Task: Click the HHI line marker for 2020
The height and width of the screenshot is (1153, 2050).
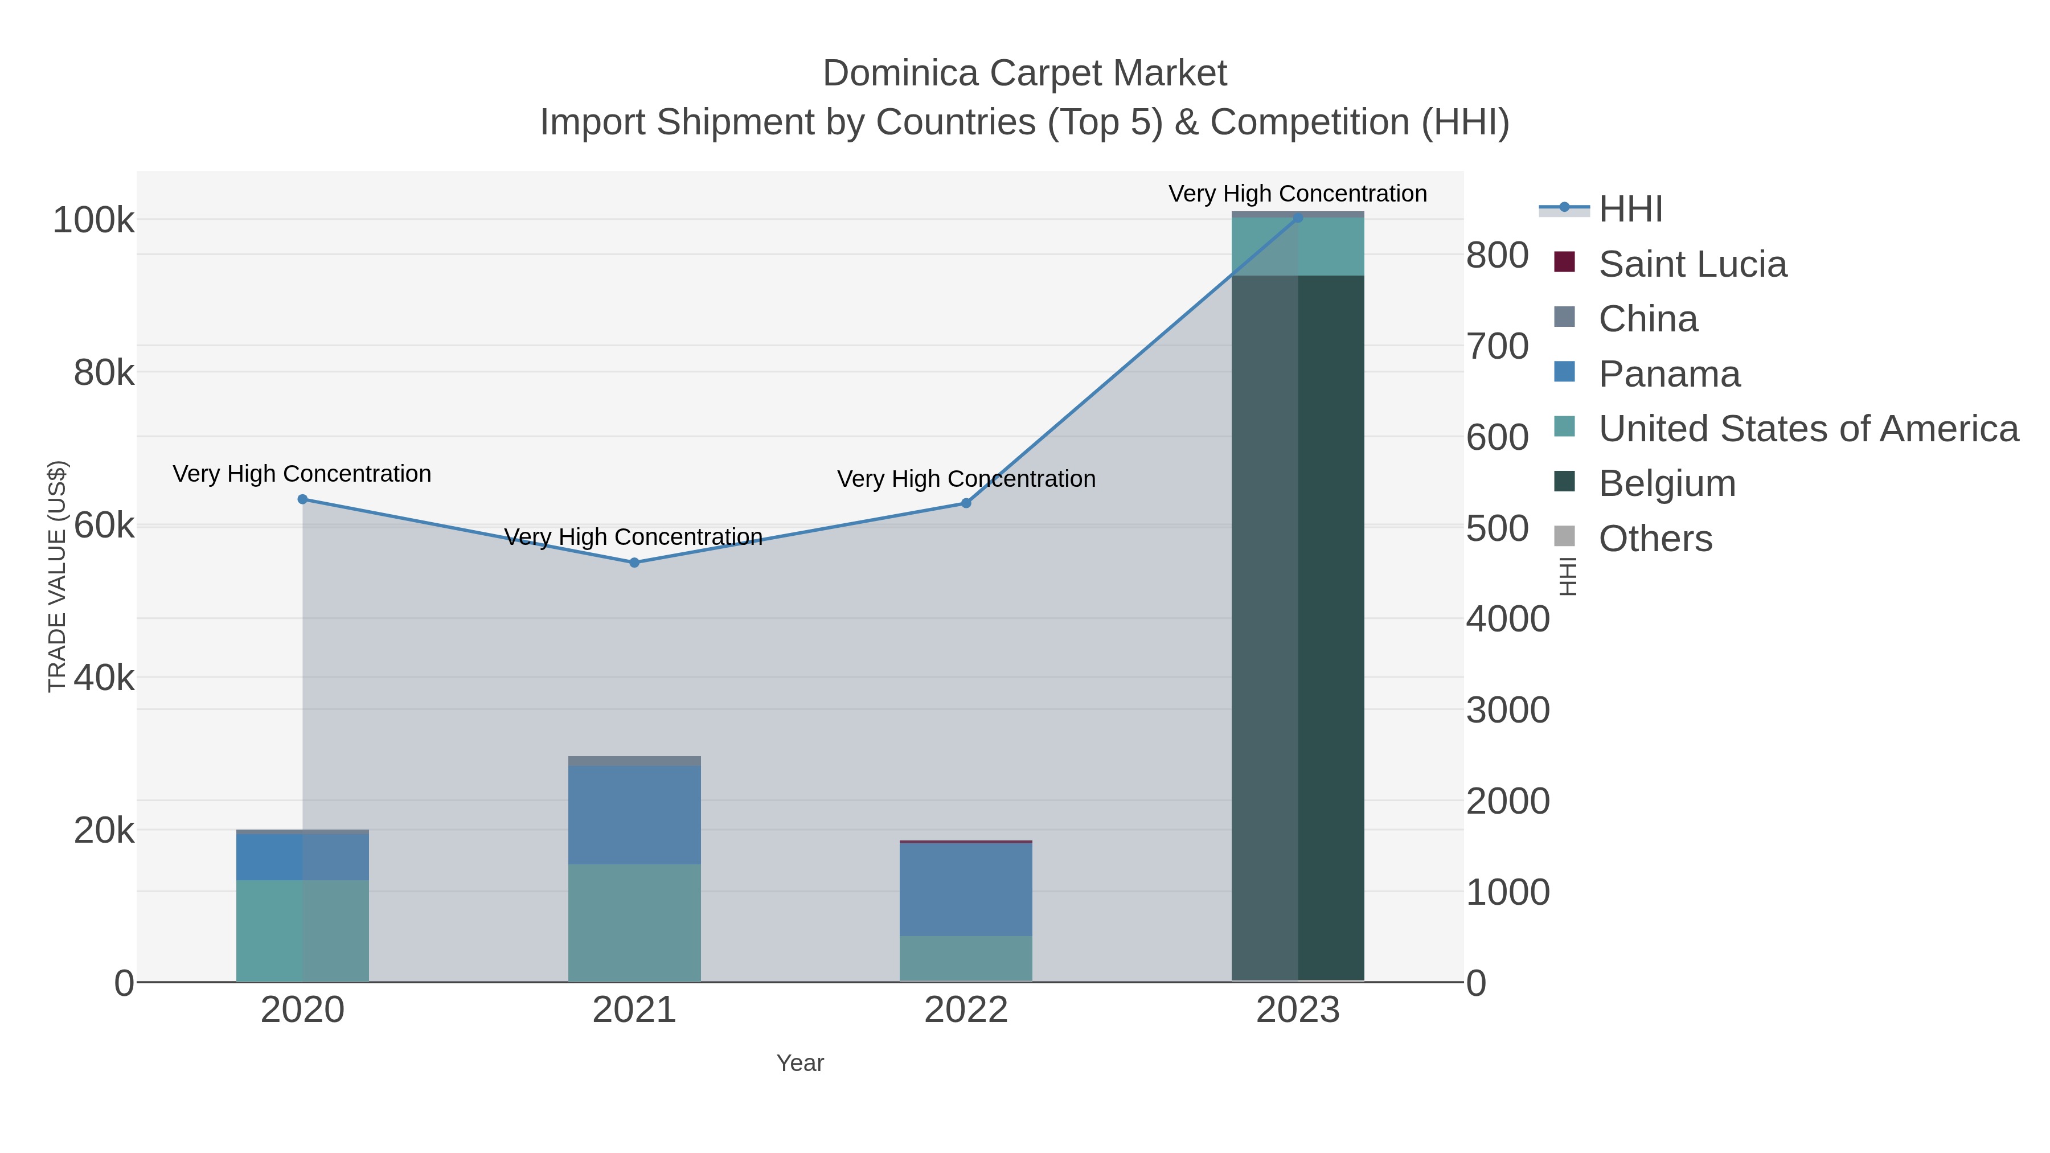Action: tap(302, 500)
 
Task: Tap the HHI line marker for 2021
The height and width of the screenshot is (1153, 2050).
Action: tap(634, 563)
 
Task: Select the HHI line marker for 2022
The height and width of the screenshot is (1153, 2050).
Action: tap(966, 503)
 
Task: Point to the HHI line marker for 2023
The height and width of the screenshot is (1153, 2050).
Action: tap(1298, 218)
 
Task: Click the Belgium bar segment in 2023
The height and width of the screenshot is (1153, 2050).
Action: tap(1298, 629)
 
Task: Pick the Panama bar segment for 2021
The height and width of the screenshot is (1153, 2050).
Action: tap(634, 815)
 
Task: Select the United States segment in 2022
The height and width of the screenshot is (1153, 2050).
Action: tap(966, 959)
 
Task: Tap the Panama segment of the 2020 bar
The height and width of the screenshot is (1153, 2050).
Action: tap(302, 857)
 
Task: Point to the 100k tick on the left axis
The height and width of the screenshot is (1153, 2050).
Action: tap(94, 220)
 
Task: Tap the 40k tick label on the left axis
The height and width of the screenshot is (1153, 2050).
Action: tap(104, 678)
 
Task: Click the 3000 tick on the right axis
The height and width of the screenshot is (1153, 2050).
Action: tap(1507, 710)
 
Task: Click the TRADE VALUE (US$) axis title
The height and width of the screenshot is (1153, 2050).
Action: tap(58, 576)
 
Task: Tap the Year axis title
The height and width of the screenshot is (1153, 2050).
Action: tap(800, 1063)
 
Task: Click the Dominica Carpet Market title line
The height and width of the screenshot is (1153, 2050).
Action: tap(1024, 73)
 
